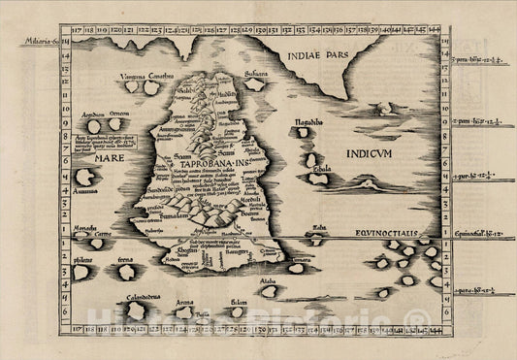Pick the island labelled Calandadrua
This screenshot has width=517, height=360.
135,311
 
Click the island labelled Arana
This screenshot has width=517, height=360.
183,311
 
